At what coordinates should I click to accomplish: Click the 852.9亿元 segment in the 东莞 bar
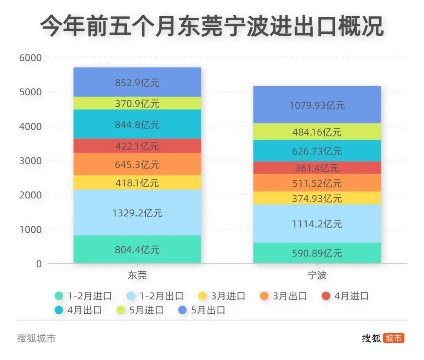coord(137,82)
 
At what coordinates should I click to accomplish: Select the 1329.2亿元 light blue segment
coord(137,213)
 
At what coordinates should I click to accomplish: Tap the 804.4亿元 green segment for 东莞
coord(137,249)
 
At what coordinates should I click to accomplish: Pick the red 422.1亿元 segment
coord(137,146)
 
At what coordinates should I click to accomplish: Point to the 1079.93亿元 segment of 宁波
coord(317,105)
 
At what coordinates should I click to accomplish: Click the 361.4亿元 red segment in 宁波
coord(317,168)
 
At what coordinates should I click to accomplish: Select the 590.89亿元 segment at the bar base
coord(317,253)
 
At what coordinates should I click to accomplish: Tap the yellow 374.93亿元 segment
coord(317,198)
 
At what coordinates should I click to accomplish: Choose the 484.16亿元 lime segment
coord(317,132)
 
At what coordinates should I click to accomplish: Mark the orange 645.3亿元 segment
coord(137,164)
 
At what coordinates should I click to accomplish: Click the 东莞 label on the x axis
coord(137,275)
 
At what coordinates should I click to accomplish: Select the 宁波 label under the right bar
coord(317,275)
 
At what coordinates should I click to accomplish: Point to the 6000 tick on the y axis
coord(31,58)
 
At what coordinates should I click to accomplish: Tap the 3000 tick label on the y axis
coord(31,160)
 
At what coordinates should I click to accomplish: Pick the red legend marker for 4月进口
coord(326,296)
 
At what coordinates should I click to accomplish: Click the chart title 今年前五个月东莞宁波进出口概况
coord(212,27)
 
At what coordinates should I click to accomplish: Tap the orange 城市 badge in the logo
coord(394,338)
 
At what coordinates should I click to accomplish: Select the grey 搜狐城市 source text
coord(36,338)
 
